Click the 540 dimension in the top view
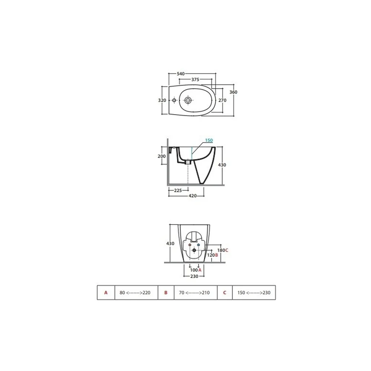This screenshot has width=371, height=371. pyautogui.click(x=181, y=74)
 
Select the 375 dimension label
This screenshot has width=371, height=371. pyautogui.click(x=195, y=79)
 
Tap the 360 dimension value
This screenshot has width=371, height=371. pyautogui.click(x=233, y=92)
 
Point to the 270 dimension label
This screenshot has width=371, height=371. pyautogui.click(x=222, y=100)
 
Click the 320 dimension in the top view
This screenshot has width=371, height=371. pyautogui.click(x=162, y=100)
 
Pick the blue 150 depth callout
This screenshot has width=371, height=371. pyautogui.click(x=209, y=140)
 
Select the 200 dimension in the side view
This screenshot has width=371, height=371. pyautogui.click(x=162, y=156)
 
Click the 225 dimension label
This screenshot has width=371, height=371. pyautogui.click(x=178, y=190)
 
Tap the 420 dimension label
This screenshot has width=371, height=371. pyautogui.click(x=193, y=196)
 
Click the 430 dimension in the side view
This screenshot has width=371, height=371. pyautogui.click(x=222, y=165)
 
